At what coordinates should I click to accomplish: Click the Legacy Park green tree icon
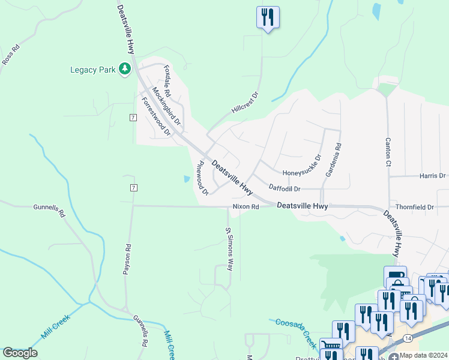[x=125, y=70]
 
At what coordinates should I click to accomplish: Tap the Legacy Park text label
[x=92, y=70]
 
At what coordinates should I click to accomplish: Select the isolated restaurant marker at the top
[x=268, y=17]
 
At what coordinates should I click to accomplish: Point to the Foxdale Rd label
[x=167, y=82]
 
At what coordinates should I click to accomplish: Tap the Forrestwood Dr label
[x=156, y=115]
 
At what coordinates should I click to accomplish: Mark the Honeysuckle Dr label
[x=302, y=165]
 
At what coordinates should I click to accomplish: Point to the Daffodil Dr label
[x=284, y=188]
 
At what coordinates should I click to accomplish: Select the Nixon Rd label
[x=246, y=207]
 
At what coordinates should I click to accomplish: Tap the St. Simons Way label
[x=229, y=249]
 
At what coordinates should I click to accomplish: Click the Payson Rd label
[x=127, y=259]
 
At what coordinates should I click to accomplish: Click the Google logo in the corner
[x=20, y=353]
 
